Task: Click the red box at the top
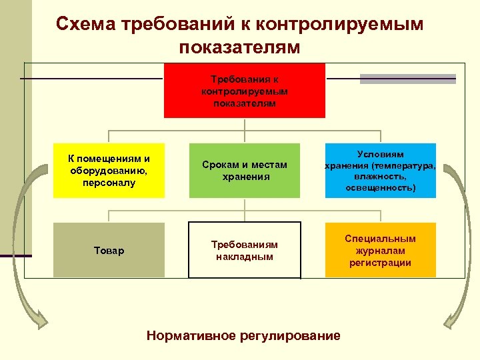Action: pyautogui.click(x=245, y=91)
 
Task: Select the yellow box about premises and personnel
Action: pyautogui.click(x=109, y=171)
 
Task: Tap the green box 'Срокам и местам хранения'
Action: pyautogui.click(x=245, y=171)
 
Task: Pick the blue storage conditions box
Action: pyautogui.click(x=381, y=171)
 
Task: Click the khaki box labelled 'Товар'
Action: pyautogui.click(x=109, y=250)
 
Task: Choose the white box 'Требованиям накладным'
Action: pyautogui.click(x=245, y=250)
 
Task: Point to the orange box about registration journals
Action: pyautogui.click(x=381, y=250)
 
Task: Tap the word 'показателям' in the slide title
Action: pyautogui.click(x=240, y=47)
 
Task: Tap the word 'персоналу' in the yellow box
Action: pyautogui.click(x=109, y=182)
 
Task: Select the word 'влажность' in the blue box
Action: pyautogui.click(x=381, y=177)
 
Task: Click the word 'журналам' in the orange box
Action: pyautogui.click(x=381, y=250)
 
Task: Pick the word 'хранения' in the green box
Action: pyautogui.click(x=245, y=177)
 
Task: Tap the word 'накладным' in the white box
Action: pyautogui.click(x=245, y=256)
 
